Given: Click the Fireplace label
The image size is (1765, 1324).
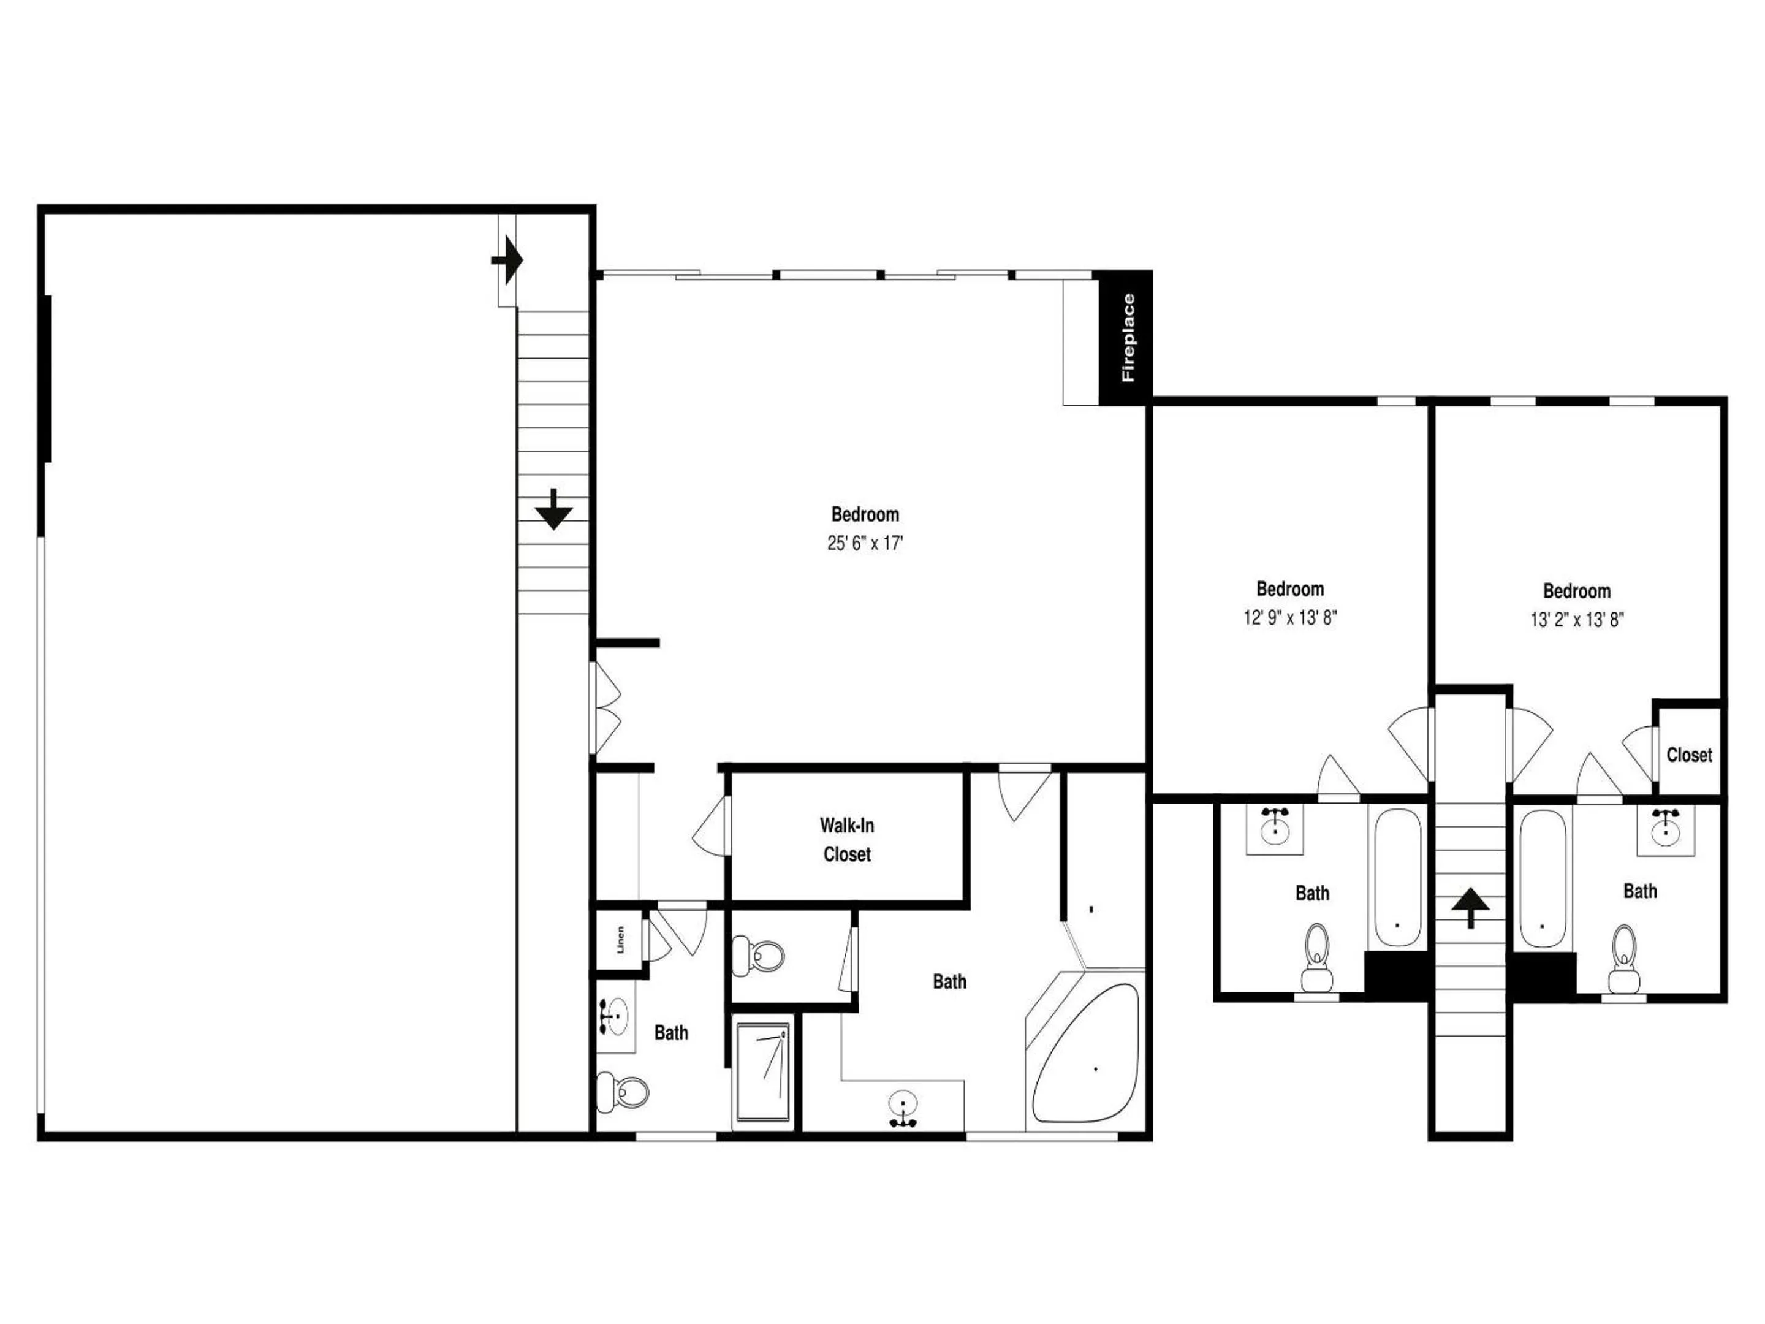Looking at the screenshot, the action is (1128, 338).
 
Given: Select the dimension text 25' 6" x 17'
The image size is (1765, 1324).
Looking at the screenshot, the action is (865, 544).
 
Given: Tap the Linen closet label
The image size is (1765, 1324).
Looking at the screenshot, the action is (620, 939).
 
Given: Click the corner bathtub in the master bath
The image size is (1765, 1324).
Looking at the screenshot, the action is (1085, 1052).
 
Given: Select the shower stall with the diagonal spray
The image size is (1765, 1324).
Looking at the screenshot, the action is (764, 1072).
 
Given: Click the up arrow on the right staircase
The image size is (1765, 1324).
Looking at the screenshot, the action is (1470, 909).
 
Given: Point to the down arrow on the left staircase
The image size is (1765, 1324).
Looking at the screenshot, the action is (554, 508).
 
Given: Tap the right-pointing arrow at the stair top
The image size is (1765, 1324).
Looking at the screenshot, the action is (507, 260).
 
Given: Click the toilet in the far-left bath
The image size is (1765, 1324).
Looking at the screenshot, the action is (623, 1092).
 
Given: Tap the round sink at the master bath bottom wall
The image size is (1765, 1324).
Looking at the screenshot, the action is (903, 1109).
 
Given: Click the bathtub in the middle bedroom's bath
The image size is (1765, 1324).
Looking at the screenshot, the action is (1397, 878).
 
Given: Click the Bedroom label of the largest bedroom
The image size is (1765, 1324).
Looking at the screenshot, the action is (865, 515).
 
